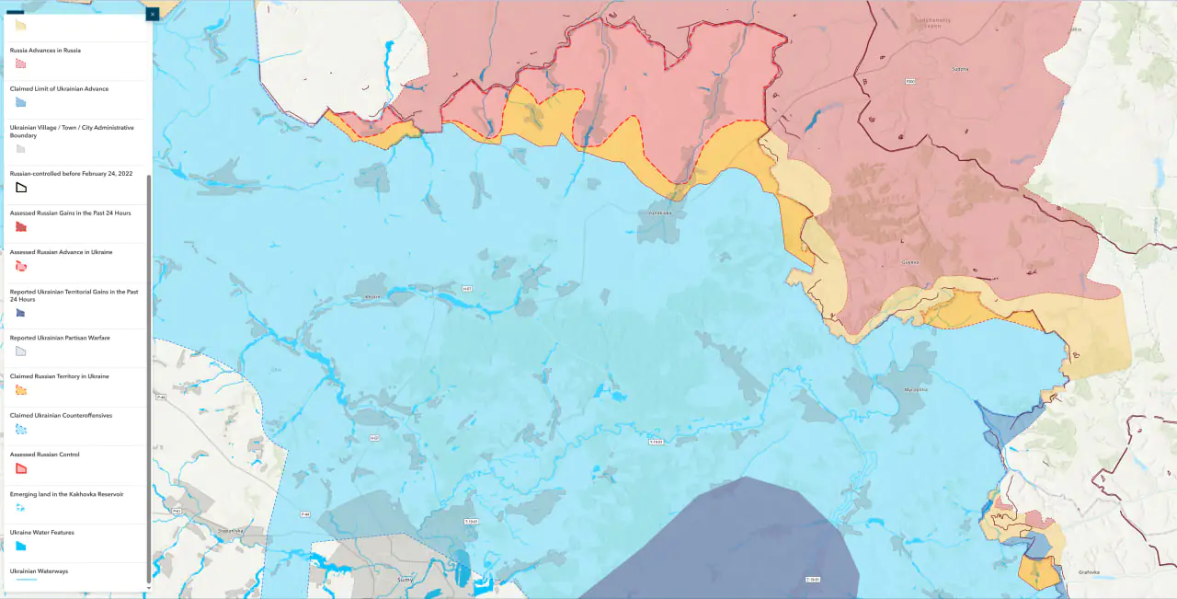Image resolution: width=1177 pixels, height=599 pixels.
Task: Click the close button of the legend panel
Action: [153, 14]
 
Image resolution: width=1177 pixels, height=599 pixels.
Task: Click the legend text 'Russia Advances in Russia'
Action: [45, 51]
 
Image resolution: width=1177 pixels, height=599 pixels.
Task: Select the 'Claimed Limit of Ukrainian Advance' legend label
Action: [59, 89]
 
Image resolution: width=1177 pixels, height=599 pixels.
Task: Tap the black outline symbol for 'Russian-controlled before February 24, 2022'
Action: [21, 188]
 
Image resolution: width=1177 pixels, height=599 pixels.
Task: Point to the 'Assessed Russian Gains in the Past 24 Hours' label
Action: [70, 213]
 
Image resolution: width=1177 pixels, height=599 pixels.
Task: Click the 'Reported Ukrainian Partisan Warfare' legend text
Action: [60, 338]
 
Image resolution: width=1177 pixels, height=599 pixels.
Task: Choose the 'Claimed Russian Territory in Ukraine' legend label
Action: [59, 376]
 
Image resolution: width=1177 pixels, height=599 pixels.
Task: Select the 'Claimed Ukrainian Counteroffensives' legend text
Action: [61, 416]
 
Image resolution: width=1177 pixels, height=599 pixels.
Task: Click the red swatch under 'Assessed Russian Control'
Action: [21, 468]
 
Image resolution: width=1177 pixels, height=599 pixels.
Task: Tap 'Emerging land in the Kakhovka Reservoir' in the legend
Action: [66, 494]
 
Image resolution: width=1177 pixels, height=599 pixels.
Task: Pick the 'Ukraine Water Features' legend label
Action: [42, 533]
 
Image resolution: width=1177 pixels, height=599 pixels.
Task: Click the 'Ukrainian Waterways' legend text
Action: [39, 571]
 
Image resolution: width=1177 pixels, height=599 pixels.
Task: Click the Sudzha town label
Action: [960, 69]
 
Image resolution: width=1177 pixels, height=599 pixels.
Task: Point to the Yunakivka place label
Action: [660, 213]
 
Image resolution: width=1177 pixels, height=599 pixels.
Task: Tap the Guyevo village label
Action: [910, 262]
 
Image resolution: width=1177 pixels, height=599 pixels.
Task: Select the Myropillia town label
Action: [916, 389]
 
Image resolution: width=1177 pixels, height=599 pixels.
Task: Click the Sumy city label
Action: [405, 580]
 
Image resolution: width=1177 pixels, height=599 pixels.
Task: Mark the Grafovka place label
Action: [1089, 572]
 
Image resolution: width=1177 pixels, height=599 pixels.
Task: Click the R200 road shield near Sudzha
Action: [909, 82]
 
